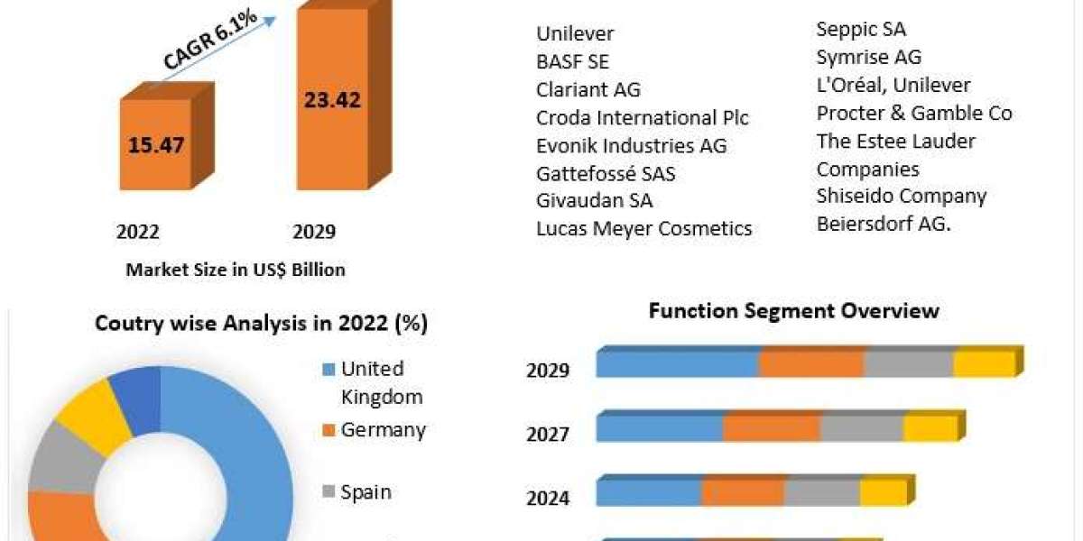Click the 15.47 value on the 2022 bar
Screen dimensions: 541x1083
[155, 144]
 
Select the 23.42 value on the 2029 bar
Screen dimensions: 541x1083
[333, 99]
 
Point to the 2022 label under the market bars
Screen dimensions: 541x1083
[138, 233]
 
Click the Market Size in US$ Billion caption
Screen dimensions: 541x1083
[236, 269]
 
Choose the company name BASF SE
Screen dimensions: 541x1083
[572, 62]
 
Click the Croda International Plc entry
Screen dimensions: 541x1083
[642, 118]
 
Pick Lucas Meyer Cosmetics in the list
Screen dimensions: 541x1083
[643, 229]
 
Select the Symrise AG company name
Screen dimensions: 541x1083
[868, 57]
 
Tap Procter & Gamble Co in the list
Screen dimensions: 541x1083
[914, 113]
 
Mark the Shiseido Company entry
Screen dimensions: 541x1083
[901, 196]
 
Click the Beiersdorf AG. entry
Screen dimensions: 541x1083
[884, 224]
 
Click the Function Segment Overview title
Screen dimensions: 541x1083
[794, 311]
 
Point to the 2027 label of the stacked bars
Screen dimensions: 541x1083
[548, 436]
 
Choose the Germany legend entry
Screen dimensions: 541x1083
[383, 430]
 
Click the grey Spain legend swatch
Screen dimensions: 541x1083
[329, 492]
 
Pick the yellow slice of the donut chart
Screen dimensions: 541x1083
[92, 415]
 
